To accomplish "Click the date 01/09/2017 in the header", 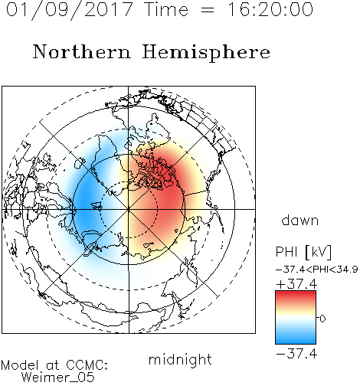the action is tap(70, 10).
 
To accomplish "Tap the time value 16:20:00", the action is tap(270, 9).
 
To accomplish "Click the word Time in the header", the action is tap(166, 9).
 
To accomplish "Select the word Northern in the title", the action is tap(82, 51).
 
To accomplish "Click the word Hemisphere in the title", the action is tap(206, 53).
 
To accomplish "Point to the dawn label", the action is tap(300, 220).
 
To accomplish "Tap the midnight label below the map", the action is tap(180, 360).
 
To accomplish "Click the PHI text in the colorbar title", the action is tap(286, 252).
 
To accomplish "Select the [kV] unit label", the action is tap(319, 252).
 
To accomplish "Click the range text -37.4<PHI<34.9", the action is tap(317, 270).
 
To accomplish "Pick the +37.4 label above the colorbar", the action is tap(296, 284).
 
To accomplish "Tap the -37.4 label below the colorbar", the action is tap(296, 354).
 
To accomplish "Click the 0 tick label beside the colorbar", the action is tap(322, 319).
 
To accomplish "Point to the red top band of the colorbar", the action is tap(296, 295).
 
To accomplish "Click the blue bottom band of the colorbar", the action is tap(296, 340).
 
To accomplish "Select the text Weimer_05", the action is tap(58, 378).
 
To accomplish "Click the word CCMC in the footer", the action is tap(85, 365).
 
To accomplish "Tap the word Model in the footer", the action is tap(20, 365).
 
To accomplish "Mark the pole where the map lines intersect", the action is tap(129, 209).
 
